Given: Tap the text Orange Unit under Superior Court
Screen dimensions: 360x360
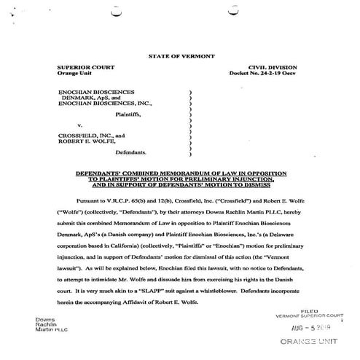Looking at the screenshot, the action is pos(75,74).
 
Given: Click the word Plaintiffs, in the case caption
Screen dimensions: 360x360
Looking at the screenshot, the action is pos(130,114).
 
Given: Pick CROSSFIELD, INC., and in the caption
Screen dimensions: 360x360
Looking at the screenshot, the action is pos(90,135).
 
